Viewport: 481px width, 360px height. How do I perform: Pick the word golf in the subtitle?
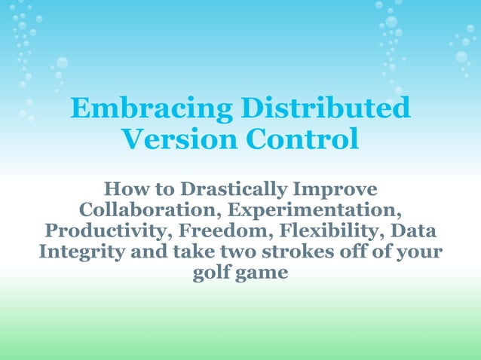click(x=212, y=272)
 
